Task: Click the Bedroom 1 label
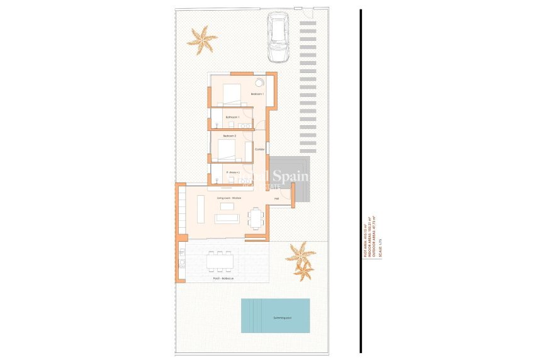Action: click(x=257, y=94)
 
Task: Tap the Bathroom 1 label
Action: click(x=233, y=117)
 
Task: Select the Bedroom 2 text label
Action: click(x=229, y=135)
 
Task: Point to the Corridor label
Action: click(x=259, y=149)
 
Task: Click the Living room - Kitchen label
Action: click(x=229, y=198)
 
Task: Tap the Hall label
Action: click(x=276, y=199)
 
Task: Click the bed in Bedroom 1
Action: click(x=229, y=94)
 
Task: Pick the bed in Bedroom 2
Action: click(x=227, y=150)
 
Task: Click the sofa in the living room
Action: click(x=227, y=218)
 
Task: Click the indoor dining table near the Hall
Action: click(x=256, y=218)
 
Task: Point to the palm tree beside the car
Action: click(x=202, y=39)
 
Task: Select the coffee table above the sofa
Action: click(x=200, y=209)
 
